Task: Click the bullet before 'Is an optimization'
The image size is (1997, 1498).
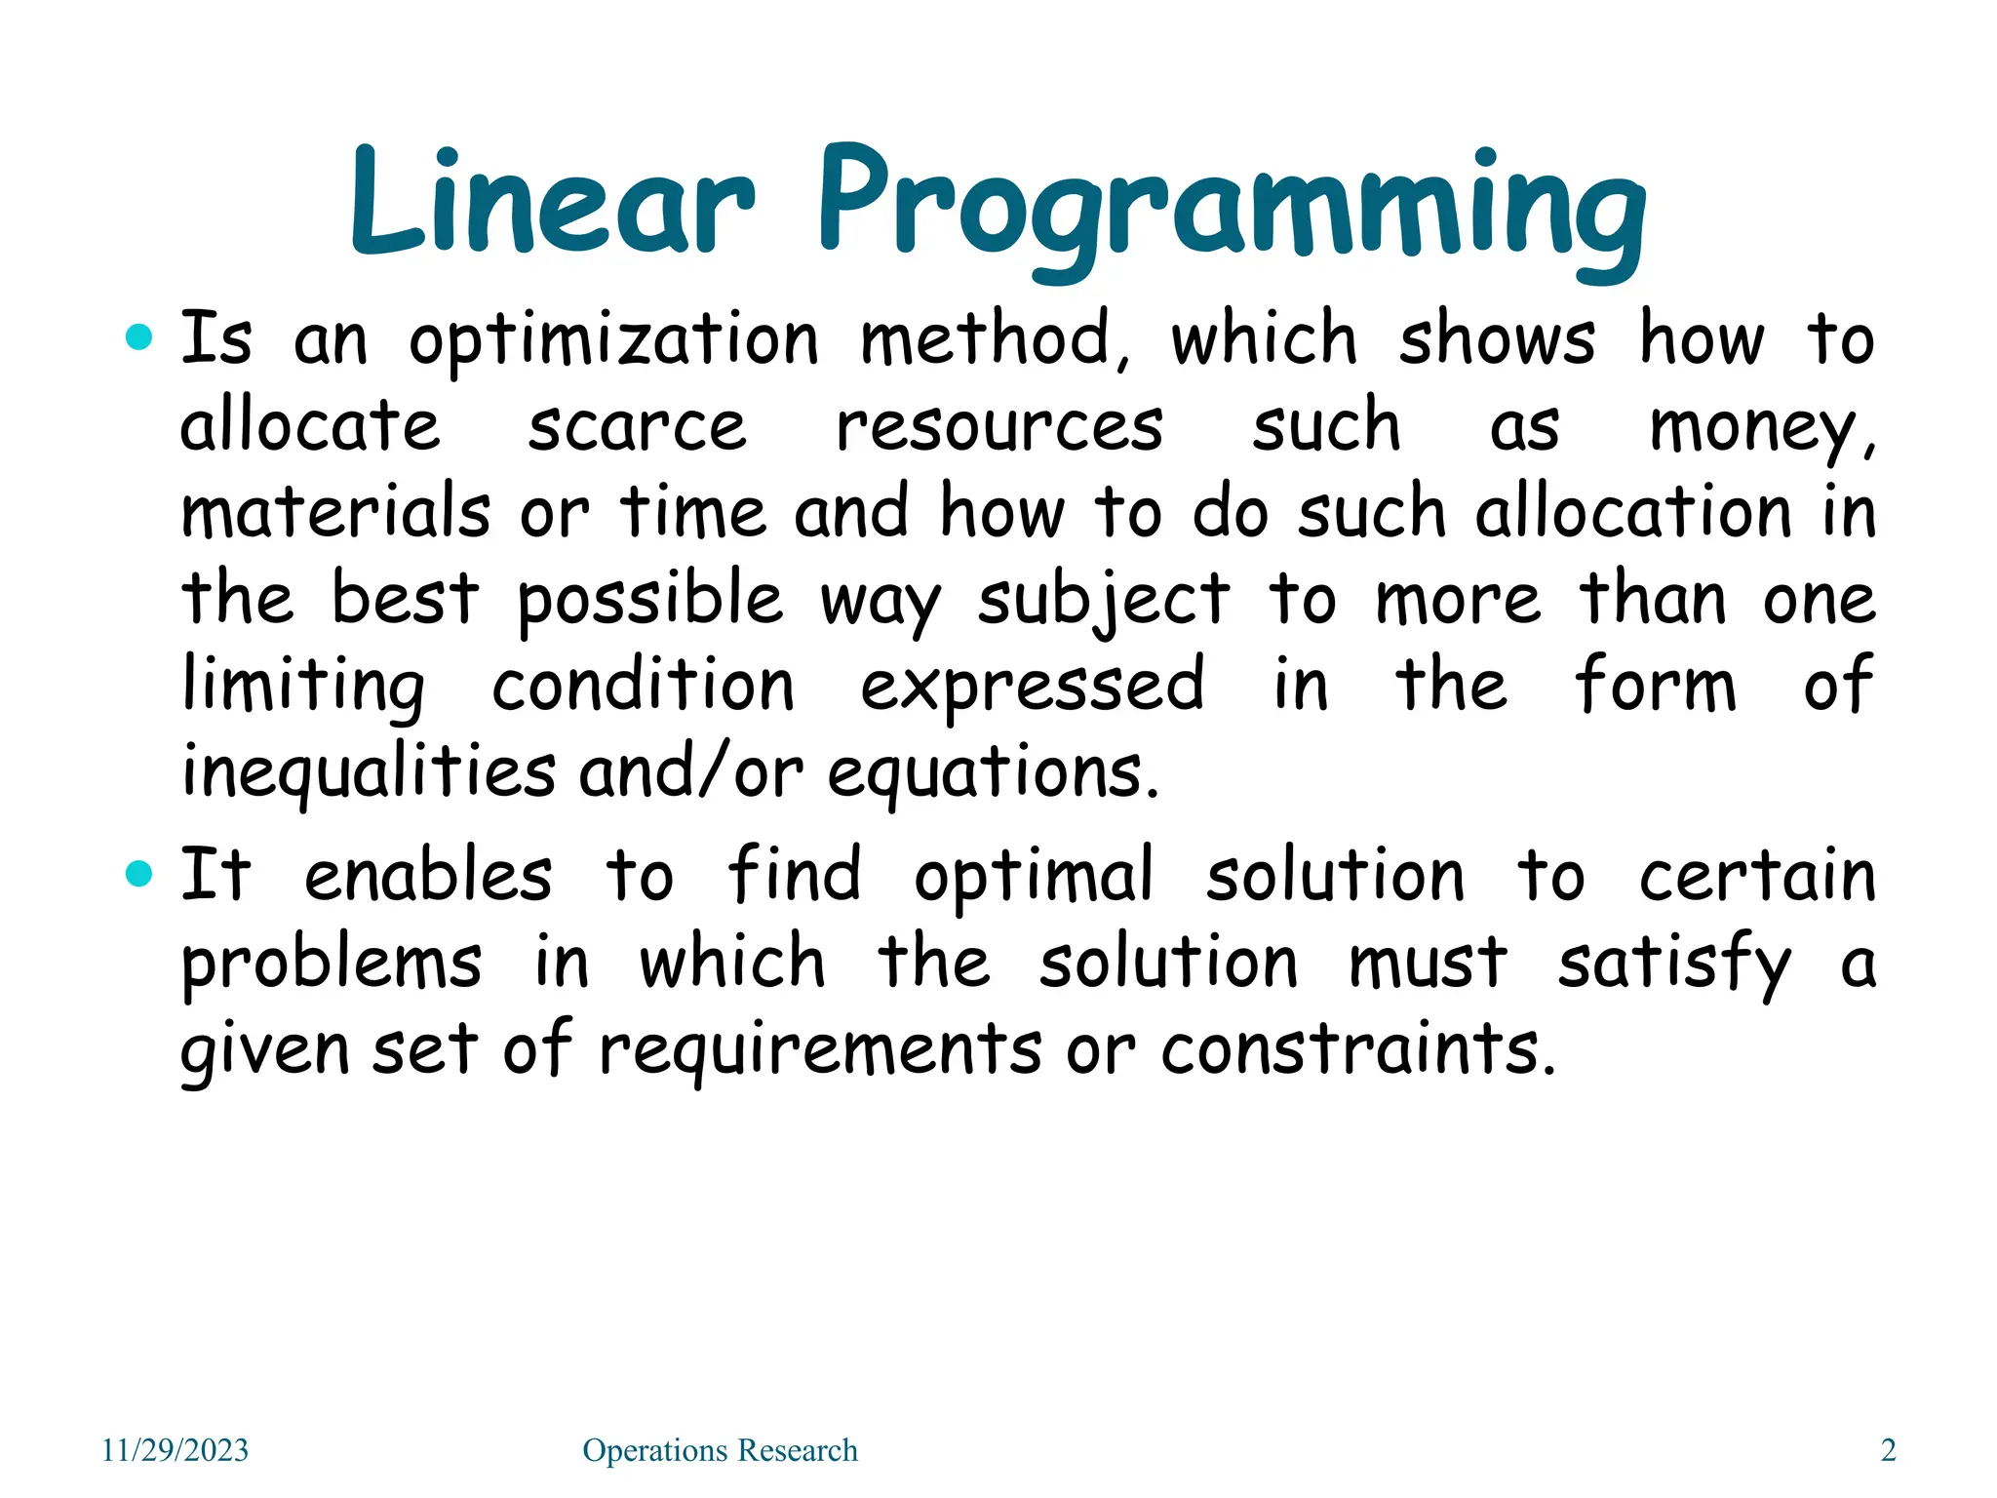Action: pos(140,337)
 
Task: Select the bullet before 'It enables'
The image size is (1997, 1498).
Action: pos(140,873)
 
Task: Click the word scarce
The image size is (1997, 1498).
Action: pos(637,426)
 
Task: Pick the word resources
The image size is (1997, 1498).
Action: pos(999,426)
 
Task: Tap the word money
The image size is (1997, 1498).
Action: pos(1759,429)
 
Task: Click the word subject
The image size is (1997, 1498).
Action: pos(1103,599)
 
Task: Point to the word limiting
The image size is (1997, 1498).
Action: pos(303,686)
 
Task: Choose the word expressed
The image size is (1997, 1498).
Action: pos(1032,686)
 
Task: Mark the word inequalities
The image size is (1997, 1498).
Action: pos(369,771)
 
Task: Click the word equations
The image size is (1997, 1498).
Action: pos(993,773)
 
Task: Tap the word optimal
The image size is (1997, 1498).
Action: pos(1034,876)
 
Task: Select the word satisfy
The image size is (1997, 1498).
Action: pos(1673,964)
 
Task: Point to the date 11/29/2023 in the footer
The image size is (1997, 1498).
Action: pos(176,1450)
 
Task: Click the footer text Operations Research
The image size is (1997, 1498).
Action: pos(720,1450)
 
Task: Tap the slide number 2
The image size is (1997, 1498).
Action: pos(1888,1450)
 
